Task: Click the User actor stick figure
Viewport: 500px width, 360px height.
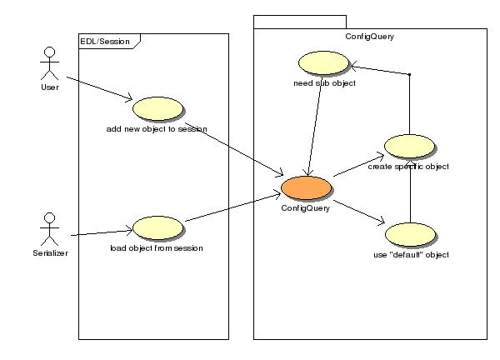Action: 49,63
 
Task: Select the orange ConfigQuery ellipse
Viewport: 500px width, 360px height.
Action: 306,189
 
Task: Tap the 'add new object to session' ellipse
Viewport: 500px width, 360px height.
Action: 157,110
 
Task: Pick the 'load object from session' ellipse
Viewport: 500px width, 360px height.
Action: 157,227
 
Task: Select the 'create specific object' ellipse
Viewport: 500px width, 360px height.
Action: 408,147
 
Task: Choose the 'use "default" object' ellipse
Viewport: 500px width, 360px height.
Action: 408,234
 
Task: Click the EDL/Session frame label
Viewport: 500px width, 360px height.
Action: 105,40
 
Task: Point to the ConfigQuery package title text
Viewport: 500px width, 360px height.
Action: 369,37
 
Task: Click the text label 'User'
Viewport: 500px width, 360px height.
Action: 49,86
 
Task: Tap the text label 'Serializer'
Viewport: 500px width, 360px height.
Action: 49,251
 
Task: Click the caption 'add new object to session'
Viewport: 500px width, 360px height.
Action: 157,129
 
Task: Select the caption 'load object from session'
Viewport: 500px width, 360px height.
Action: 157,247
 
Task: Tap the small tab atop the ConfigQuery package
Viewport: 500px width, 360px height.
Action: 299,22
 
